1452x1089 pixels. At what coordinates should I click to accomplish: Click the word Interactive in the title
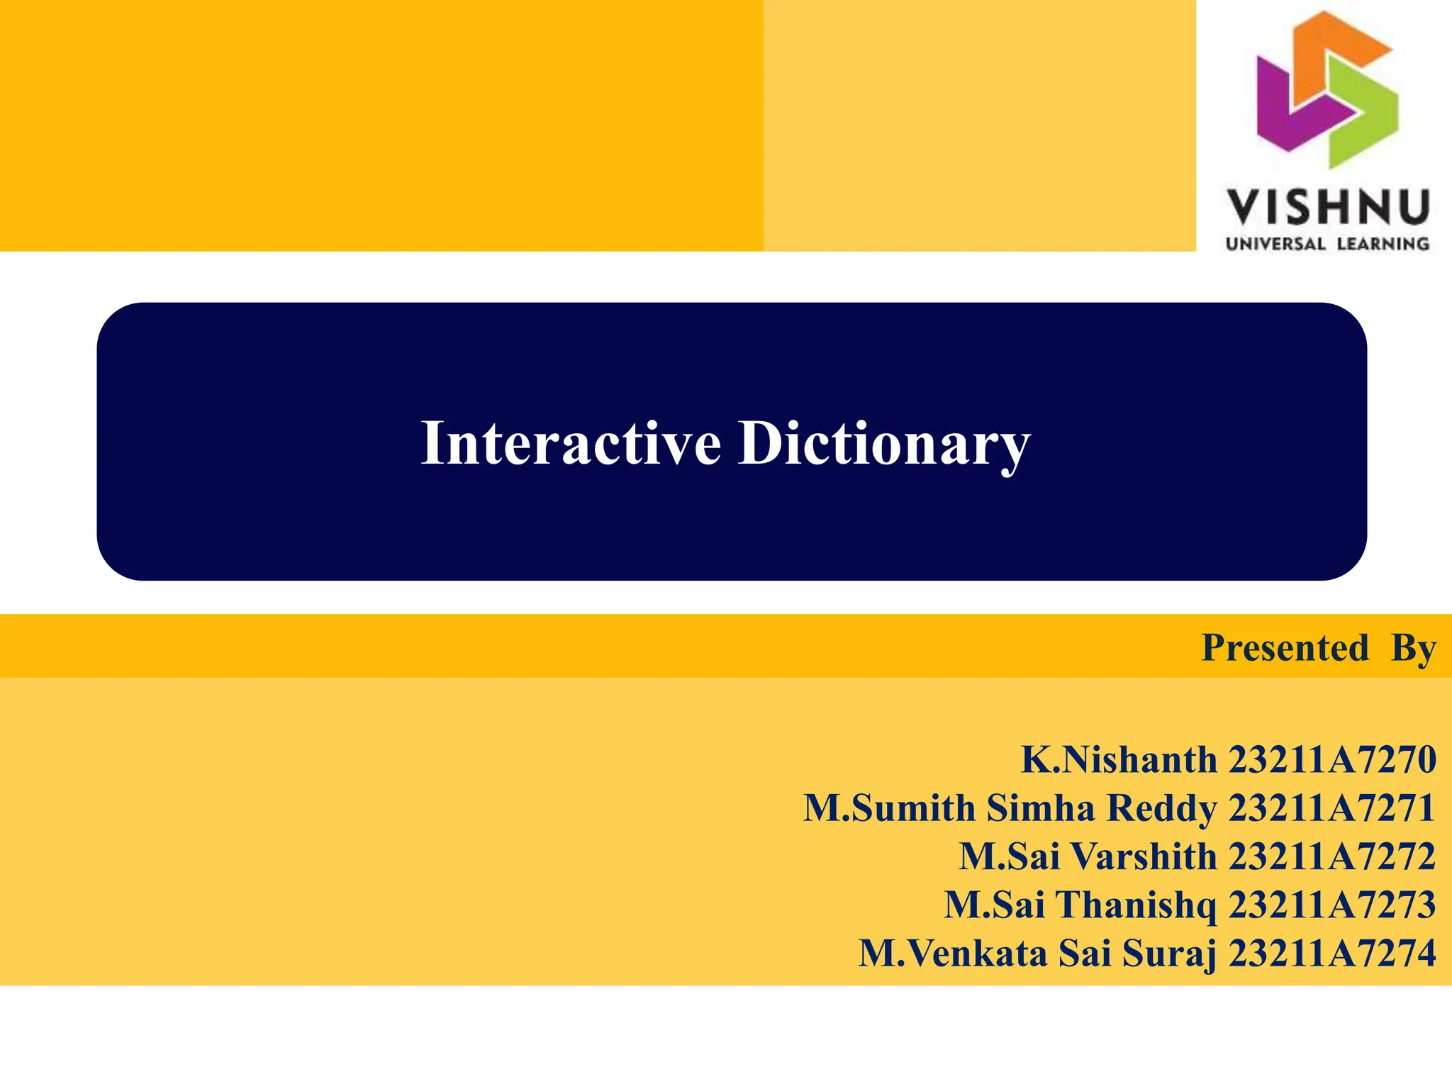pos(571,443)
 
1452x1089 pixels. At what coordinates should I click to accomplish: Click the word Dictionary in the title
pos(884,445)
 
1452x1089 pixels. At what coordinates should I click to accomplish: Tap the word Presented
pos(1285,647)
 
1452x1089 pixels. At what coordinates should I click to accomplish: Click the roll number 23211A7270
pos(1332,759)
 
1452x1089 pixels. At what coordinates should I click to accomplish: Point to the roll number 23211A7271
pos(1332,808)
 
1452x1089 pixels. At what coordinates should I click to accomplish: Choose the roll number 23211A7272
pos(1332,856)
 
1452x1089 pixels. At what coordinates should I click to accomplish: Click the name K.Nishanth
pos(1119,759)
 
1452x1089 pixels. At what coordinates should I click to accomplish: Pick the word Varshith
pos(1143,856)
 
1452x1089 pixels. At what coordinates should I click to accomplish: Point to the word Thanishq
pos(1135,905)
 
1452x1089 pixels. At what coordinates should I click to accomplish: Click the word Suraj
pos(1169,954)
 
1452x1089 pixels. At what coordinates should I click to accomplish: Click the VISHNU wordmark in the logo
pos(1327,207)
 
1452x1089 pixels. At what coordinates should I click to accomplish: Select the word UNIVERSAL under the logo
pos(1275,244)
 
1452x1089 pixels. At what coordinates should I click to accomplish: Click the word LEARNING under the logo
pos(1383,244)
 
